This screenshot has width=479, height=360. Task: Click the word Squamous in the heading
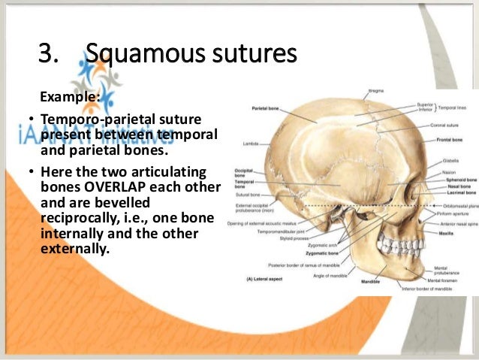click(131, 54)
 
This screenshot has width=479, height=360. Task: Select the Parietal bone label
click(266, 109)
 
